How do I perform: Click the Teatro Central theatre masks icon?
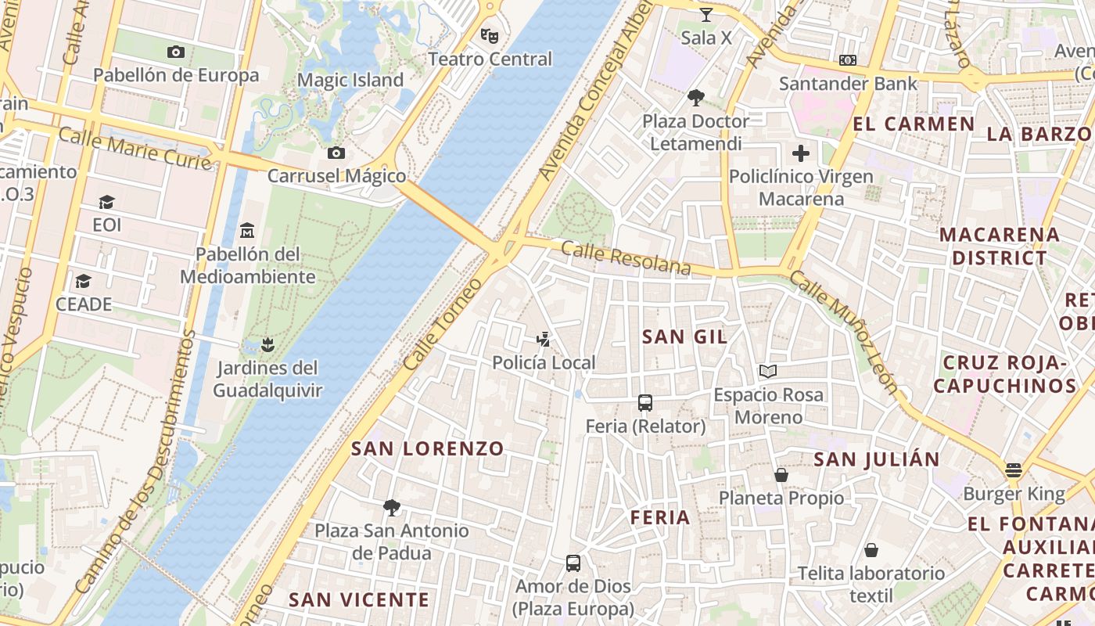click(490, 35)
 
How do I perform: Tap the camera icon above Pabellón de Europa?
click(176, 52)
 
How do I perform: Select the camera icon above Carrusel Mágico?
click(336, 153)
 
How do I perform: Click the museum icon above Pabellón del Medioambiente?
click(248, 230)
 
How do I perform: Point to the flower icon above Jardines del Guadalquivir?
click(267, 344)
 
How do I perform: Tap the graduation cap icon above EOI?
click(106, 202)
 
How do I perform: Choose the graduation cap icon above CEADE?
click(83, 281)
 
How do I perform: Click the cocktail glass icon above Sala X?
click(706, 14)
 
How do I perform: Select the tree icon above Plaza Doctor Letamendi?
click(695, 98)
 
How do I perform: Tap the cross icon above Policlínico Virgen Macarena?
click(801, 153)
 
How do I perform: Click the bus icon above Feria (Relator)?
click(645, 403)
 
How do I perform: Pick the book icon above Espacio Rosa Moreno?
click(768, 372)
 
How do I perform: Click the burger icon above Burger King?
click(1014, 470)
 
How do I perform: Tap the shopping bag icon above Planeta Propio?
click(781, 475)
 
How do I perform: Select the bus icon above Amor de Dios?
click(573, 563)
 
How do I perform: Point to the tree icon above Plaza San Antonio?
click(392, 508)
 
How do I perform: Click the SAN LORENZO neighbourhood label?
click(428, 448)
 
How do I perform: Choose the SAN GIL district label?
click(684, 337)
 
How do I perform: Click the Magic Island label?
click(350, 80)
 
